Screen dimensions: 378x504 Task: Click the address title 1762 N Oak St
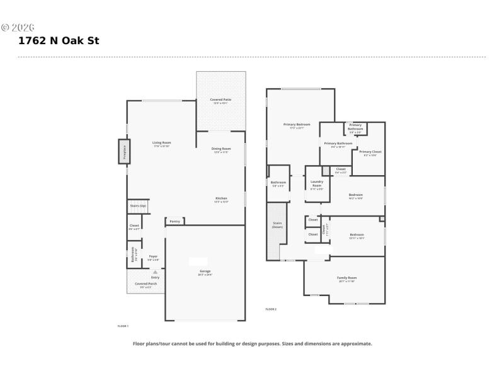[x=59, y=41]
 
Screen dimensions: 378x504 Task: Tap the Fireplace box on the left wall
[x=124, y=151]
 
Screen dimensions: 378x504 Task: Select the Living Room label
[x=162, y=143]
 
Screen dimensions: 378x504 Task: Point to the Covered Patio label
[x=220, y=100]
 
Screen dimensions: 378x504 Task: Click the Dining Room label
[x=221, y=149]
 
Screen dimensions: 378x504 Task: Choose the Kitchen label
[x=221, y=198]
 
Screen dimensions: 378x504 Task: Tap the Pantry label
[x=175, y=221]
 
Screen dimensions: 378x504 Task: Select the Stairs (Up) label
[x=138, y=206]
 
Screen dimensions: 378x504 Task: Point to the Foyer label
[x=153, y=256]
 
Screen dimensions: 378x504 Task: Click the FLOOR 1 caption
[x=123, y=326]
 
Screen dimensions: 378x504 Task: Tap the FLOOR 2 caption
[x=271, y=309]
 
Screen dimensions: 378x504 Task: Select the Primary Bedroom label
[x=297, y=125]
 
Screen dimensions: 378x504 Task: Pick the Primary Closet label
[x=370, y=152]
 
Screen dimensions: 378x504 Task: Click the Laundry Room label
[x=317, y=183]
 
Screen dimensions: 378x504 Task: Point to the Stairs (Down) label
[x=277, y=224]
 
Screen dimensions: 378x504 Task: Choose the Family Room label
[x=347, y=278]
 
